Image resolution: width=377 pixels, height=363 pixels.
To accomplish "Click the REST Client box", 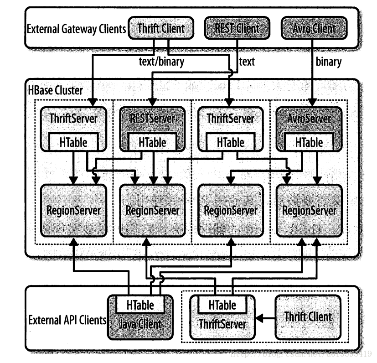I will (x=236, y=28).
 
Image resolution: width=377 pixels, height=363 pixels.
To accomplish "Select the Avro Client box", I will (x=315, y=28).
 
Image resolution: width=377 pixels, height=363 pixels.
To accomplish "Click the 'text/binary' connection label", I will (x=162, y=62).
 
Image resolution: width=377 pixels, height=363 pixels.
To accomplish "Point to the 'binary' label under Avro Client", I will (x=328, y=62).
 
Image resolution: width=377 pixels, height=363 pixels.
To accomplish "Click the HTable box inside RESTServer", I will (x=153, y=142).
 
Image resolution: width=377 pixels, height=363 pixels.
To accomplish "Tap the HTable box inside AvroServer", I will (x=309, y=142).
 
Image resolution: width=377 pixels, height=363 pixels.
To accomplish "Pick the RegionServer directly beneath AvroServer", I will (x=310, y=210).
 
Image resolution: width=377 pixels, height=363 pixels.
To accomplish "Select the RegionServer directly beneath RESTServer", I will (x=153, y=210).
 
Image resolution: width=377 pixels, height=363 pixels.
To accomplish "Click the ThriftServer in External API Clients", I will (x=222, y=324).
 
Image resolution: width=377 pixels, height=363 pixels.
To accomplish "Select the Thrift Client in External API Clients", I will (x=308, y=316).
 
